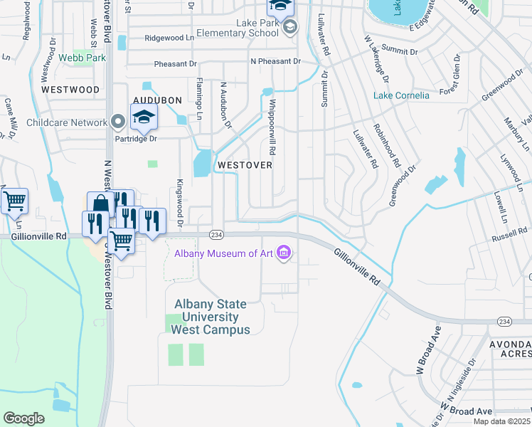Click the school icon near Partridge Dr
point(144,118)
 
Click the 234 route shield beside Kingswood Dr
point(216,235)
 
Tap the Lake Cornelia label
point(402,95)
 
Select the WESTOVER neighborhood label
point(245,164)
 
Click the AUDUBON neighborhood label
point(156,100)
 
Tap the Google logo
point(23,418)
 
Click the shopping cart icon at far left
point(14,201)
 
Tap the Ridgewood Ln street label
point(169,38)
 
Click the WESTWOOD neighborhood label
point(70,90)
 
